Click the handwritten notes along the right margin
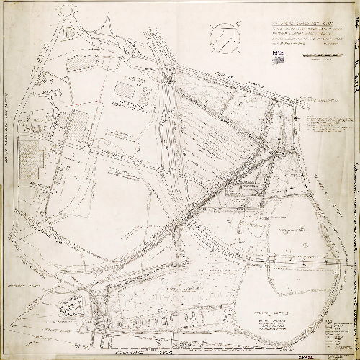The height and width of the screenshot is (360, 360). click(x=354, y=180)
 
